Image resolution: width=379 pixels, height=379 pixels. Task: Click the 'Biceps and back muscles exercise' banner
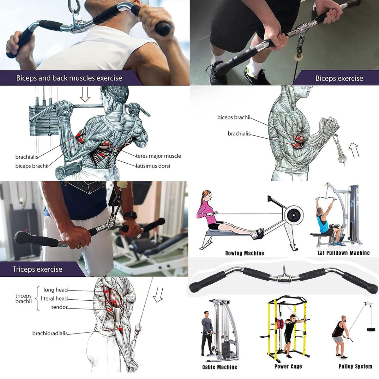pyautogui.click(x=69, y=78)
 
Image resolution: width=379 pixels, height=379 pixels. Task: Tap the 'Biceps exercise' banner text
pyautogui.click(x=339, y=78)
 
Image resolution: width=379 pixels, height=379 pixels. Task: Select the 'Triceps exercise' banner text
pyautogui.click(x=37, y=269)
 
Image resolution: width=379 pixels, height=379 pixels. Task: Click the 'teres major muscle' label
pyautogui.click(x=158, y=156)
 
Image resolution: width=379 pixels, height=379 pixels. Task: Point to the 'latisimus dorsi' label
pyautogui.click(x=153, y=166)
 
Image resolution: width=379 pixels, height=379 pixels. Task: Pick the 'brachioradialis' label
pyautogui.click(x=50, y=333)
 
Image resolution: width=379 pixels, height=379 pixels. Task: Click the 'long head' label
pyautogui.click(x=55, y=290)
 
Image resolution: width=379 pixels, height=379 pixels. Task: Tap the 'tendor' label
pyautogui.click(x=59, y=307)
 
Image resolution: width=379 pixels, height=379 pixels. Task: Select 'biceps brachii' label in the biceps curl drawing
pyautogui.click(x=233, y=117)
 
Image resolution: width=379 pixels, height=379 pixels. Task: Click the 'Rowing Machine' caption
pyautogui.click(x=244, y=253)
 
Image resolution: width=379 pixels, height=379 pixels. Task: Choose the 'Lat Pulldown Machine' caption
pyautogui.click(x=343, y=253)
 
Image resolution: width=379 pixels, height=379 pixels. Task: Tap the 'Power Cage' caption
pyautogui.click(x=288, y=366)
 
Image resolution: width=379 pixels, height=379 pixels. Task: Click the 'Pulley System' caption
pyautogui.click(x=355, y=366)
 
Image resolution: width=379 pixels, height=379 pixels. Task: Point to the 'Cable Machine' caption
pyautogui.click(x=220, y=367)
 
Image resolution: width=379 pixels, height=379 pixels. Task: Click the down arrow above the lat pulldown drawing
pyautogui.click(x=85, y=94)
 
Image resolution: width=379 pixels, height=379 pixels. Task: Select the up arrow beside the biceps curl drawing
pyautogui.click(x=354, y=150)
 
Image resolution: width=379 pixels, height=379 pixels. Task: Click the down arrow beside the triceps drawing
pyautogui.click(x=158, y=294)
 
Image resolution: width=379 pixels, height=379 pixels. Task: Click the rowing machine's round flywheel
pyautogui.click(x=293, y=216)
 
